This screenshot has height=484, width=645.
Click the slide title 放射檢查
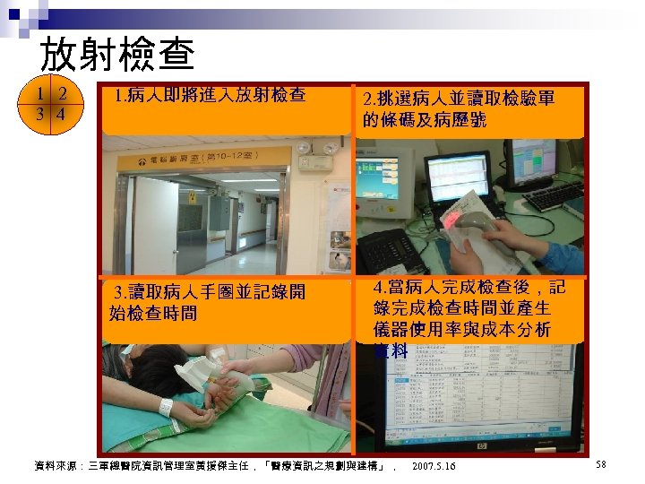coord(117,55)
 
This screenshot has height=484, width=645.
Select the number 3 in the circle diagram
coord(41,115)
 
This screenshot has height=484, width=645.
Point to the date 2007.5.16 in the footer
coord(434,466)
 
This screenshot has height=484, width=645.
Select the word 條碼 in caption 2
coord(394,119)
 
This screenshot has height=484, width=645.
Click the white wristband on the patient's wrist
coord(166,405)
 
